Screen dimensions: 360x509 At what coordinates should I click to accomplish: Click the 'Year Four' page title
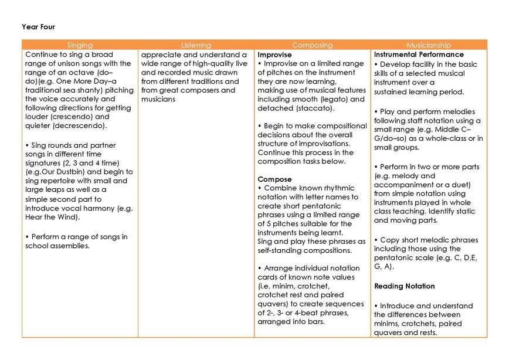tap(38, 26)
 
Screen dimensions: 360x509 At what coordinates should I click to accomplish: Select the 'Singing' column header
tap(80, 45)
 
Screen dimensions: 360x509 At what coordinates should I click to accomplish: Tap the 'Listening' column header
tap(196, 45)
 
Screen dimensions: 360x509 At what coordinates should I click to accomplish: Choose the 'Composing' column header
tap(312, 45)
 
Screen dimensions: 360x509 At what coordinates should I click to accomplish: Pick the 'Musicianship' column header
tap(429, 45)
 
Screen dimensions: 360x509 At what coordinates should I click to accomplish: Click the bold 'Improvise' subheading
tap(275, 55)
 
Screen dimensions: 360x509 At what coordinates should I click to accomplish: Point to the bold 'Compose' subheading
tap(274, 178)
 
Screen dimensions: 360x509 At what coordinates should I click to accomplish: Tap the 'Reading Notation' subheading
tap(404, 286)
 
